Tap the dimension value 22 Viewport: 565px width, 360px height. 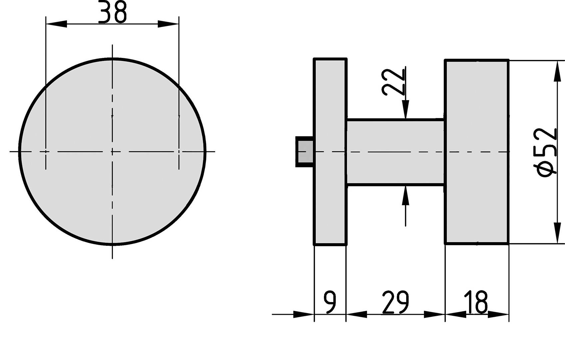(x=394, y=82)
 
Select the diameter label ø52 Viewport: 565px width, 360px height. (x=547, y=152)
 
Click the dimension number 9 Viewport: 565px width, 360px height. (x=330, y=302)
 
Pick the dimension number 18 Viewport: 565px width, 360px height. (x=477, y=302)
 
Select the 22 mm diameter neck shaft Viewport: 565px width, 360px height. (x=396, y=152)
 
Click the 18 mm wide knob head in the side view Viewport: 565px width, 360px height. (x=477, y=152)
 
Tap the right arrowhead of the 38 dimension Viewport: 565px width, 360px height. (x=168, y=24)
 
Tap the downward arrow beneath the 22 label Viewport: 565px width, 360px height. (x=405, y=108)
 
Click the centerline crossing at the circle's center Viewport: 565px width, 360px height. (x=112, y=152)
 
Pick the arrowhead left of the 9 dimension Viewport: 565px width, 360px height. (x=304, y=314)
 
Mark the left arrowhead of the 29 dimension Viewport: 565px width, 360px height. (x=356, y=314)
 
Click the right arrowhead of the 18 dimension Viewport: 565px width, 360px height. (x=498, y=314)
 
